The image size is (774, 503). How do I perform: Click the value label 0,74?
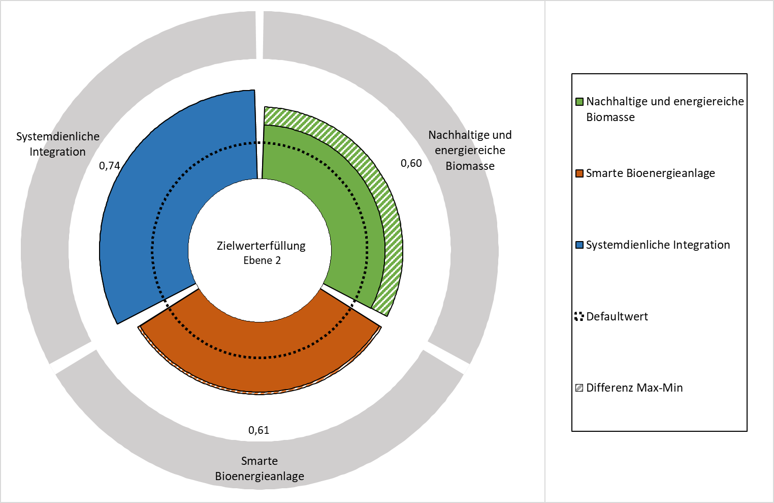110,166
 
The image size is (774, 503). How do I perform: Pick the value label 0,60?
411,163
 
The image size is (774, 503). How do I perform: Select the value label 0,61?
259,430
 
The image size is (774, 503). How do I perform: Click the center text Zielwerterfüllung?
261,246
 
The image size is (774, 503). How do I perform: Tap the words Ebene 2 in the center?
262,260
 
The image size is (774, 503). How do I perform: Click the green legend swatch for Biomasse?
579,102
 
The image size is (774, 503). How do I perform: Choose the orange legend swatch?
579,173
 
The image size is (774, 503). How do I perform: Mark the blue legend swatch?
579,245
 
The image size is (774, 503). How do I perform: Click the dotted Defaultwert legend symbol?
579,316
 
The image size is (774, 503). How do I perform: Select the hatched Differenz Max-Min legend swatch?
579,388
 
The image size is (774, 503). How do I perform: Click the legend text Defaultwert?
617,316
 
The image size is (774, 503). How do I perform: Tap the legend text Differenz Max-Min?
634,388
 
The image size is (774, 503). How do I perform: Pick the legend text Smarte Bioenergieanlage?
651,173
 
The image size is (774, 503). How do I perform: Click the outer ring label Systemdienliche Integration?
58,144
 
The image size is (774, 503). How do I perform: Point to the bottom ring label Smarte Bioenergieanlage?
260,469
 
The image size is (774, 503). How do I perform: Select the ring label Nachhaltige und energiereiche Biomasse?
470,151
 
